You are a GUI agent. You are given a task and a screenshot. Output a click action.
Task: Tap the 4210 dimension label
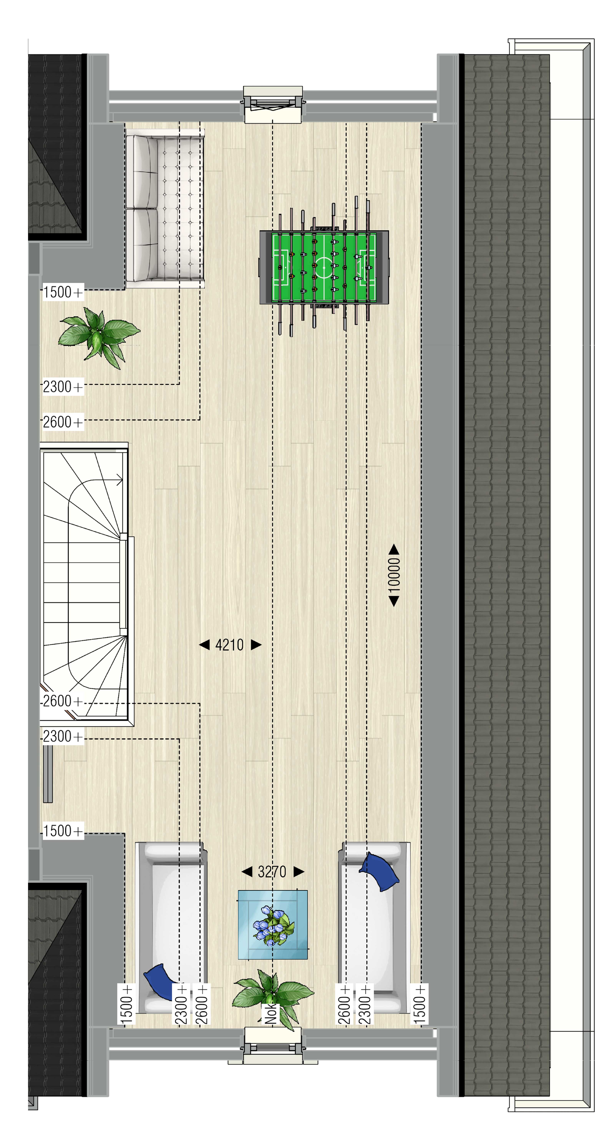(229, 645)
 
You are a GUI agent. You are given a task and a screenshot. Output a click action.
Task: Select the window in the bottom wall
(273, 1046)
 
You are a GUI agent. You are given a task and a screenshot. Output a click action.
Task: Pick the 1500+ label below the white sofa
(63, 292)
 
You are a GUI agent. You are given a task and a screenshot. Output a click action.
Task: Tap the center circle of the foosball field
(324, 267)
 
